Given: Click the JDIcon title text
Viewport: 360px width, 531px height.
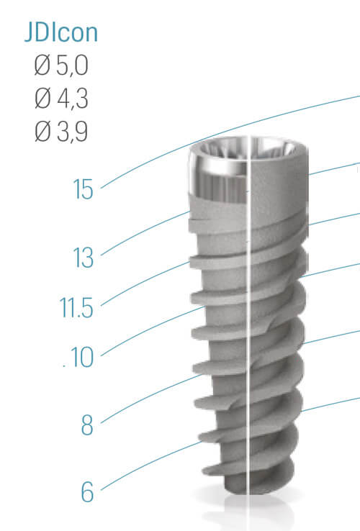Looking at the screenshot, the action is pos(61,32).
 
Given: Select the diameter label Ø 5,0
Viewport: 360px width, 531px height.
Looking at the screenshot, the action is pos(61,65).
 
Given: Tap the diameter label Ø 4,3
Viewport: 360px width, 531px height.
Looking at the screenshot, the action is pos(61,98).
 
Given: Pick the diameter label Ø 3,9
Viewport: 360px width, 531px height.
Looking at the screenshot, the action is pos(61,131).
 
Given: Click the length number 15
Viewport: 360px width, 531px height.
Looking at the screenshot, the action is pos(83,189).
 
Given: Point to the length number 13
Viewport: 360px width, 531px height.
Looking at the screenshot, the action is pos(83,258).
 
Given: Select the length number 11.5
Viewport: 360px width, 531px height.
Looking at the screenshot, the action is pos(76,308).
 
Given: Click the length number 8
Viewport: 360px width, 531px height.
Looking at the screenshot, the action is pos(87,425).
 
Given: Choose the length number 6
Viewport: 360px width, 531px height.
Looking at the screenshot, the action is pos(87,492).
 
